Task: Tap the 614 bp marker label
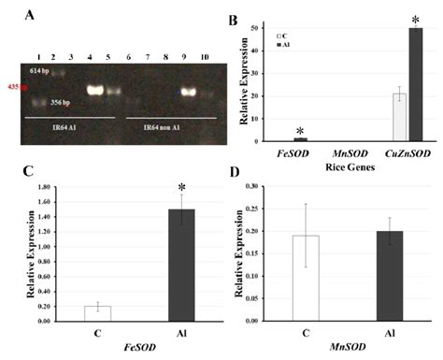(x=39, y=71)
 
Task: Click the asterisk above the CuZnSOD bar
(x=414, y=20)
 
